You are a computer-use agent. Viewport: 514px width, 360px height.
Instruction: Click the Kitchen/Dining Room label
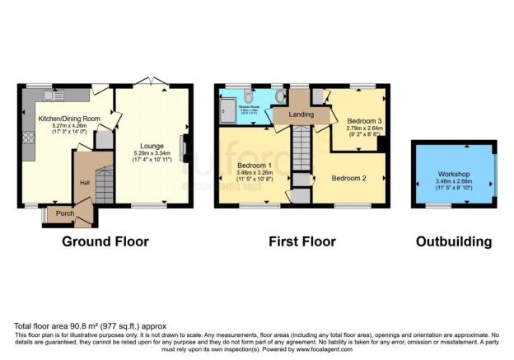(69, 119)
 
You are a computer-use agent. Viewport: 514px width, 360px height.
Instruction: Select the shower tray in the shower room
(227, 107)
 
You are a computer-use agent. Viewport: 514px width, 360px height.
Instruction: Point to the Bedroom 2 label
(349, 178)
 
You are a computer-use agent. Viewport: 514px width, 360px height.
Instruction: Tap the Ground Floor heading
(105, 241)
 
